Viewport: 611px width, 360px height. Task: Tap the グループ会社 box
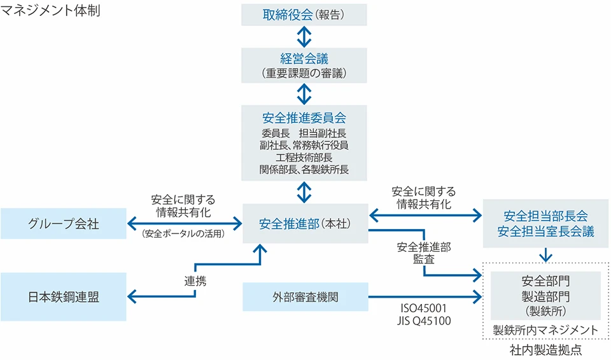(x=64, y=223)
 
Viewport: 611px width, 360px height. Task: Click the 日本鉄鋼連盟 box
(x=64, y=297)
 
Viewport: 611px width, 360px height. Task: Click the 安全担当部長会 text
(x=545, y=215)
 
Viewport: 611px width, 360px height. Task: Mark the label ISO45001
(x=423, y=309)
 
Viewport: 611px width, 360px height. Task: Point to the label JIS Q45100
(x=423, y=321)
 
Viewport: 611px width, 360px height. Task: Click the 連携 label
(x=195, y=281)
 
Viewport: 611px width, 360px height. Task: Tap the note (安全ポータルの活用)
(x=185, y=233)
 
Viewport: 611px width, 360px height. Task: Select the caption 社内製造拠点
(x=545, y=350)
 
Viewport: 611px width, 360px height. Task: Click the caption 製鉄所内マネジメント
(x=545, y=331)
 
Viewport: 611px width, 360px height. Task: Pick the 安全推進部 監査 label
(x=423, y=253)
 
